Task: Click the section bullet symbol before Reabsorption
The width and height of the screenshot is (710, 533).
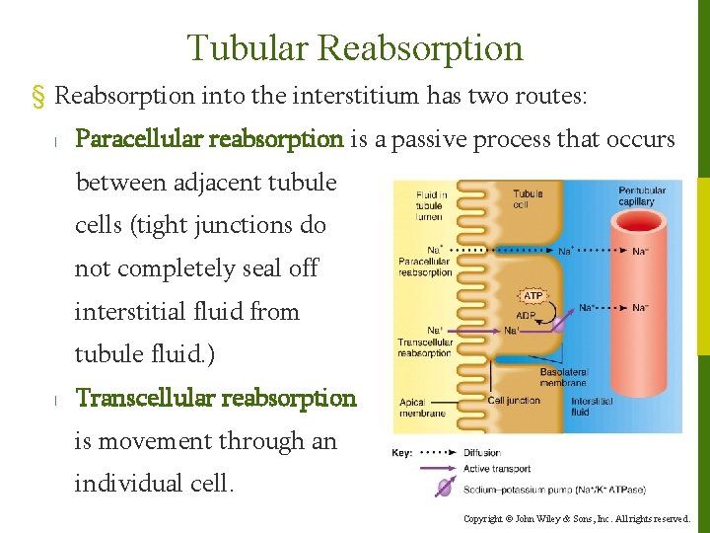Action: (39, 97)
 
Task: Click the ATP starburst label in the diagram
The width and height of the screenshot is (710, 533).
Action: (532, 295)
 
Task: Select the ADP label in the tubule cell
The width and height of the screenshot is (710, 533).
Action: (526, 316)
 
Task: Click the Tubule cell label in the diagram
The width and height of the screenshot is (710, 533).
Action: (528, 198)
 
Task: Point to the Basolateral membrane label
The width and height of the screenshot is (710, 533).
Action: (563, 377)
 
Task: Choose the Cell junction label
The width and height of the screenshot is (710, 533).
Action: (515, 401)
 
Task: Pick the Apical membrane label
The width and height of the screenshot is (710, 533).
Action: (421, 407)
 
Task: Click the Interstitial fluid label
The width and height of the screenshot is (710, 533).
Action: (592, 406)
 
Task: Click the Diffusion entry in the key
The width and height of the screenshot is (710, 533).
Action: (483, 453)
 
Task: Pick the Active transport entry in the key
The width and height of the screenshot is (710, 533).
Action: (497, 469)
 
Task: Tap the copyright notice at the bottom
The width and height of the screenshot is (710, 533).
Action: (577, 518)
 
